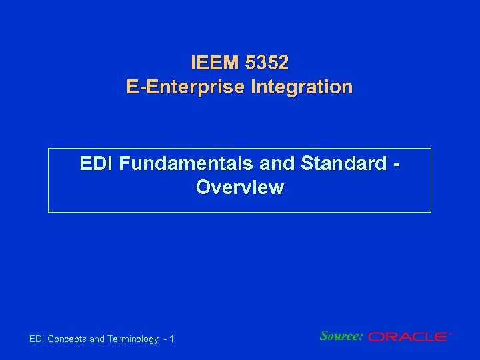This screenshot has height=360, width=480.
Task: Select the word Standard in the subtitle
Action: click(344, 163)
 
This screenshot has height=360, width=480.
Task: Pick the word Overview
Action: click(240, 187)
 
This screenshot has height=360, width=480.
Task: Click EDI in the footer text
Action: click(38, 339)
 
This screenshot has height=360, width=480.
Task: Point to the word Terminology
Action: click(133, 339)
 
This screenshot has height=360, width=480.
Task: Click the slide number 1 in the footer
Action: click(171, 339)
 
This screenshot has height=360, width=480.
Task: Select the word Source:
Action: click(341, 336)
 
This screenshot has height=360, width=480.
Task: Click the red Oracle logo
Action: click(408, 337)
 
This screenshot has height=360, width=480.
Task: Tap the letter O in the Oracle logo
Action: click(376, 337)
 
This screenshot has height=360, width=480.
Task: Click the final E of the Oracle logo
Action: click(441, 337)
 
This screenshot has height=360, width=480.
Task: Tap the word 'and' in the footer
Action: click(97, 339)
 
